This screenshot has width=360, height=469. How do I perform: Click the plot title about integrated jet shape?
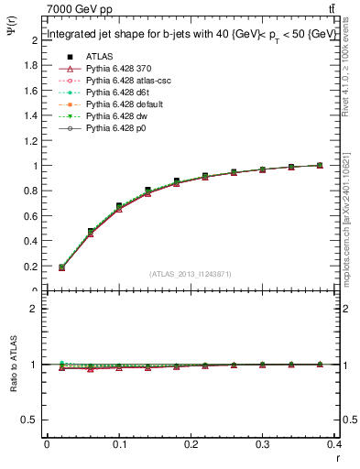(x=191, y=36)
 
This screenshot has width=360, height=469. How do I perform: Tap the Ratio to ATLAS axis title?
(x=13, y=366)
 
